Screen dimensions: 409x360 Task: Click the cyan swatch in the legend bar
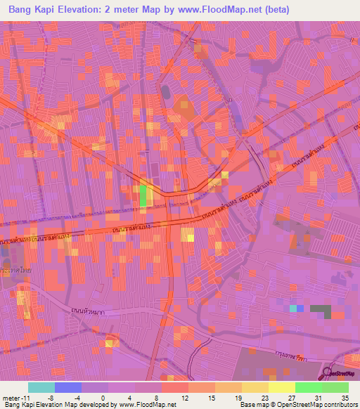point(41,387)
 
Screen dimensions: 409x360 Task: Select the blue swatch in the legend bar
point(68,387)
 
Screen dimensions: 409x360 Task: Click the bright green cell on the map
point(144,195)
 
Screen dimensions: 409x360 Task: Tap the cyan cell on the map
point(293,308)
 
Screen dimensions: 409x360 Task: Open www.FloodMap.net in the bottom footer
point(147,405)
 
